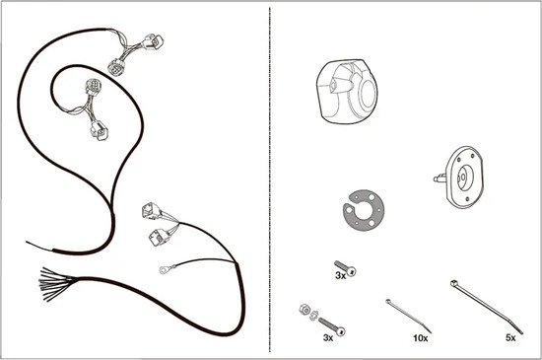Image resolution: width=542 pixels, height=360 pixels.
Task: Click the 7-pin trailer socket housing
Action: tap(347, 92)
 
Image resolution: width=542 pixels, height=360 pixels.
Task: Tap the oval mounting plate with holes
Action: tap(464, 178)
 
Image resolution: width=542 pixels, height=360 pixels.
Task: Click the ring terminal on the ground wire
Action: tap(164, 269)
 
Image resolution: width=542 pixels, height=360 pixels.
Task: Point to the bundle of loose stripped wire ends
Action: tap(52, 284)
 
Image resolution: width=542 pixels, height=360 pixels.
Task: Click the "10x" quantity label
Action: tap(421, 338)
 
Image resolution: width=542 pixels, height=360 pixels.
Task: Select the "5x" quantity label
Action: tap(510, 338)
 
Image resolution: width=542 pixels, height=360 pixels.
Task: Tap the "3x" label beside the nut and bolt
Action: tap(328, 338)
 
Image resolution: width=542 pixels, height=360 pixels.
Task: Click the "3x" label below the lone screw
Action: tap(341, 275)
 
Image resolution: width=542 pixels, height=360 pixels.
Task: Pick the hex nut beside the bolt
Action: tap(305, 309)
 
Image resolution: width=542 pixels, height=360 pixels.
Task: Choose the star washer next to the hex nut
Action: tap(313, 315)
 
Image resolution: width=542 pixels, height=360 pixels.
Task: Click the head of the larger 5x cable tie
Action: tap(453, 283)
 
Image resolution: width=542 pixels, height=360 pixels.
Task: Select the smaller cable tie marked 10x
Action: tap(409, 316)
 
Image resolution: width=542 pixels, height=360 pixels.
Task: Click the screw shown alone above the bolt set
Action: tap(345, 268)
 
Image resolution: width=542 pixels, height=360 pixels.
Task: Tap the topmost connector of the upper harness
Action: tap(153, 41)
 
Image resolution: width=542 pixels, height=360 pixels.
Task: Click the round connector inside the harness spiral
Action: tap(93, 86)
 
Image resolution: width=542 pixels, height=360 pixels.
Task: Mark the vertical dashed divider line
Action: tap(270, 180)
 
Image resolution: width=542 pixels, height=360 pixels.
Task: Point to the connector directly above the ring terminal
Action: tap(160, 237)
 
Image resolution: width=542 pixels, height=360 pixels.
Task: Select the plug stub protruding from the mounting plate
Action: tap(440, 179)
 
